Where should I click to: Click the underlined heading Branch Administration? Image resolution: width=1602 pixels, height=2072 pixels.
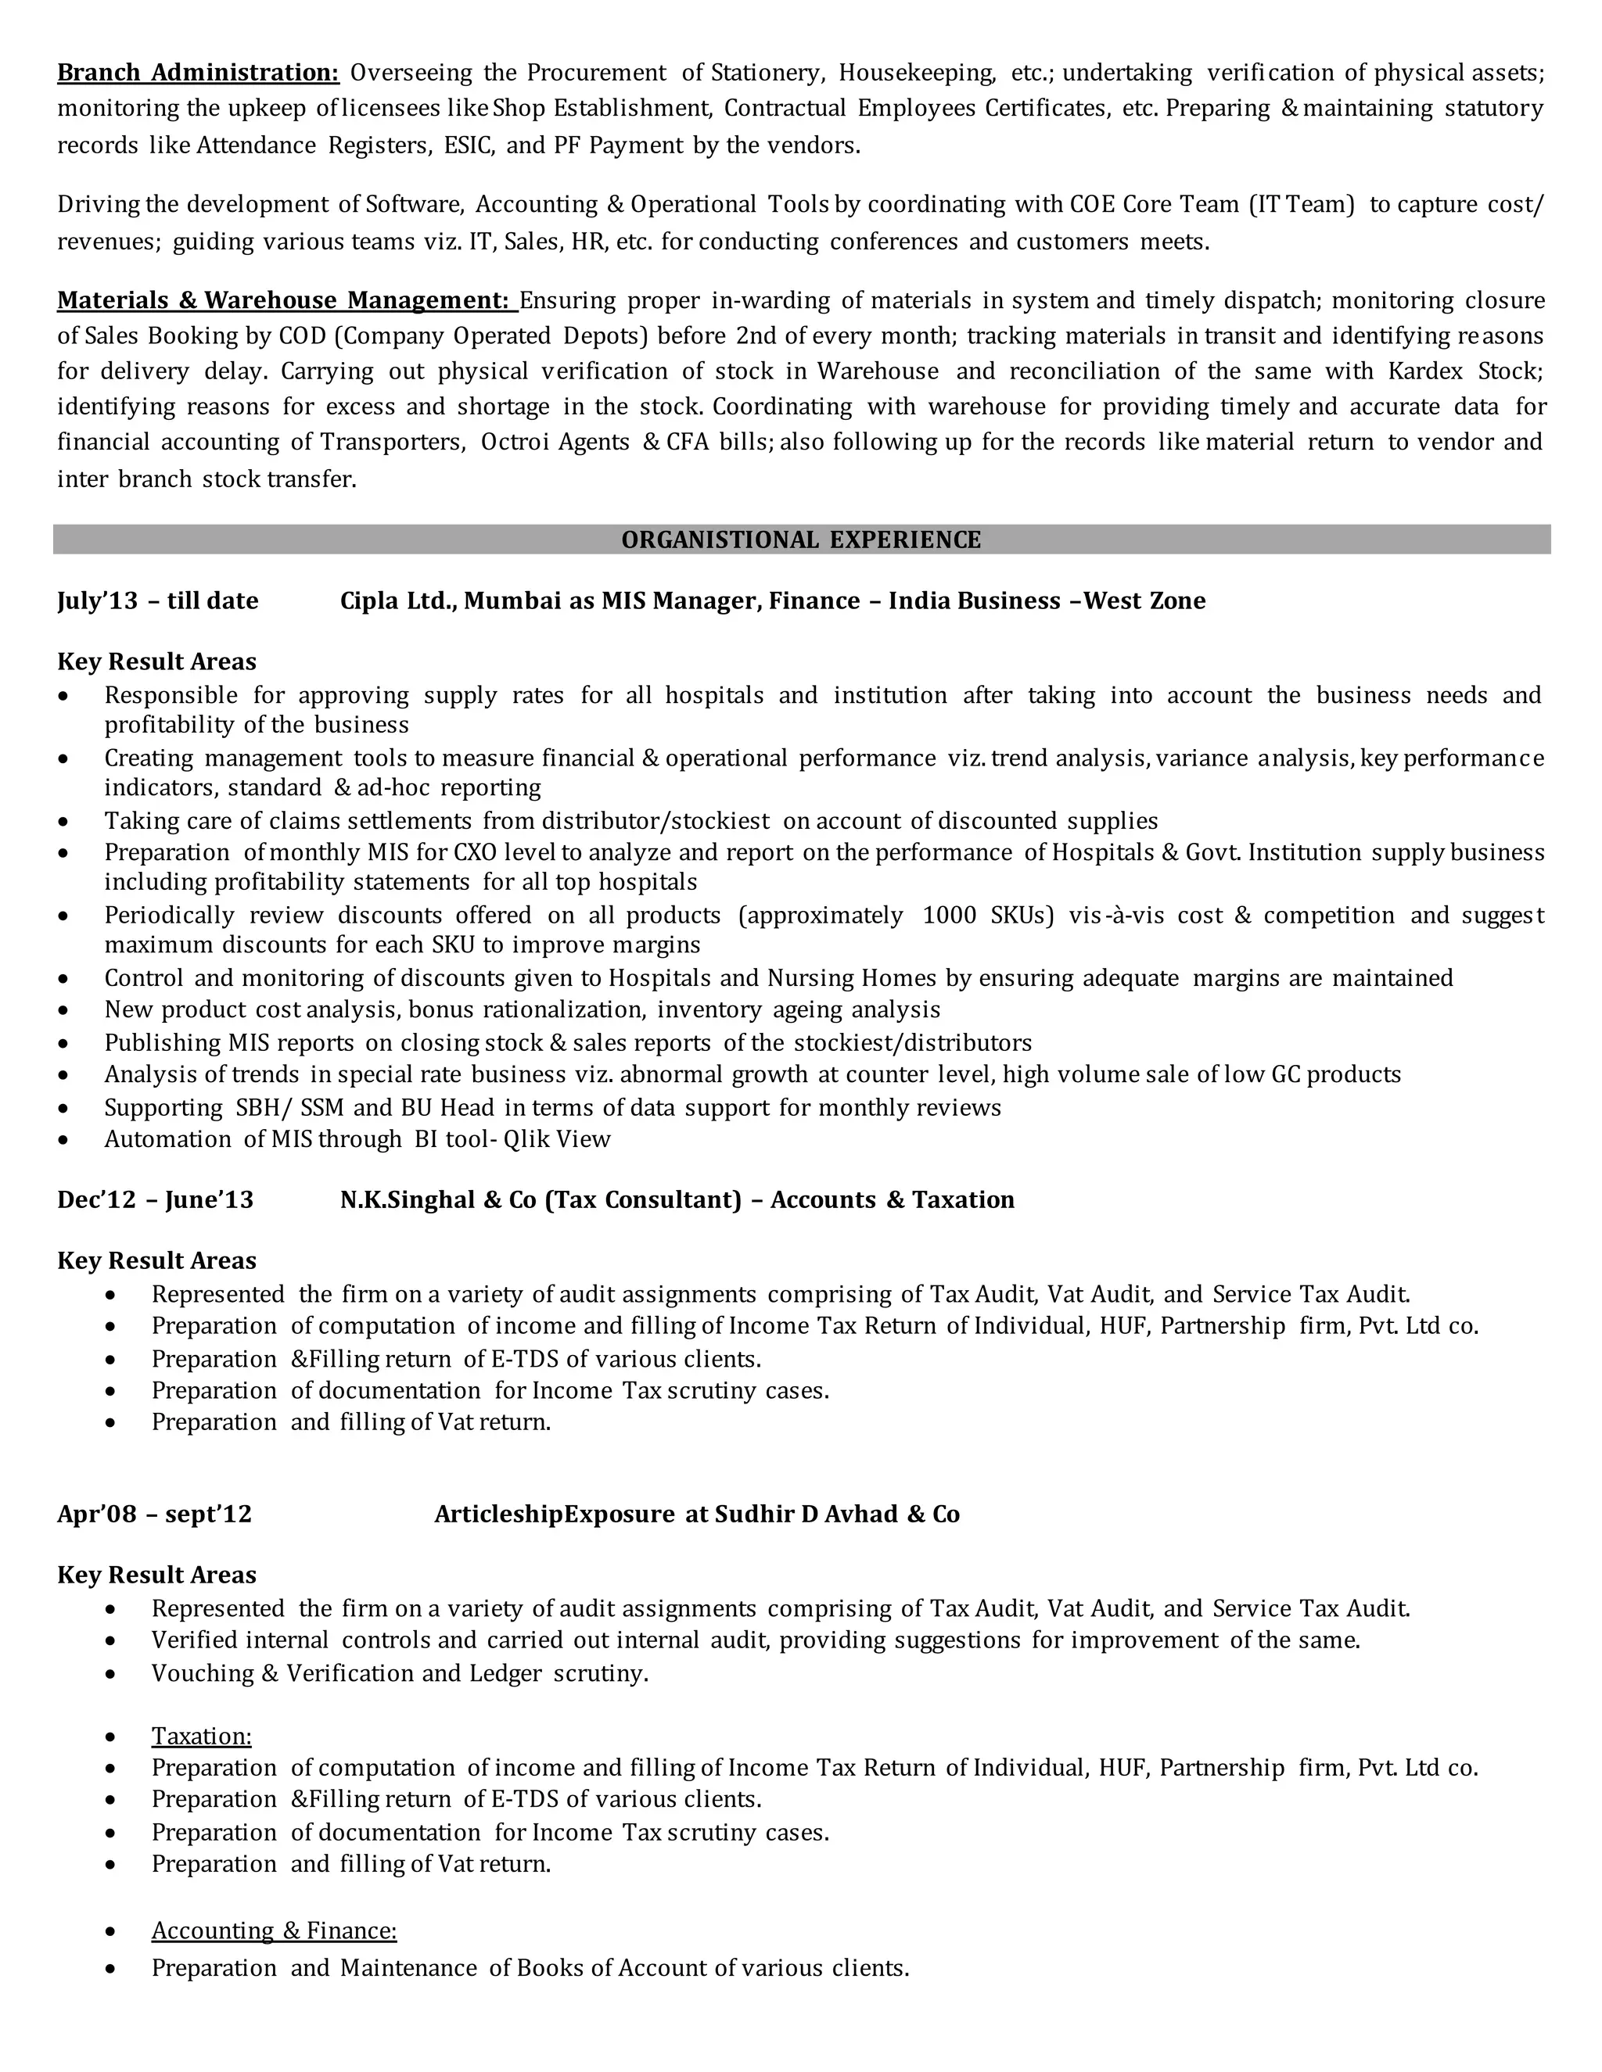pyautogui.click(x=197, y=72)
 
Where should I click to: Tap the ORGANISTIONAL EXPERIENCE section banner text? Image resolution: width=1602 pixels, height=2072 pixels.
pyautogui.click(x=801, y=540)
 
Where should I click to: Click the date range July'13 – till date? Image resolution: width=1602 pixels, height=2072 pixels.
pyautogui.click(x=157, y=600)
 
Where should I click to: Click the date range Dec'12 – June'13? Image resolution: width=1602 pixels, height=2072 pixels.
pyautogui.click(x=156, y=1199)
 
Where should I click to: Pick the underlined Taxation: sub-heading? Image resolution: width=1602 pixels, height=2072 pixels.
pyautogui.click(x=201, y=1735)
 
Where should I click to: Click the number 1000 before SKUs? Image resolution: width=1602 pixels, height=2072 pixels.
pyautogui.click(x=948, y=915)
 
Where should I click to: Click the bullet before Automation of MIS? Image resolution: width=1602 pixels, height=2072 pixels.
pyautogui.click(x=63, y=1139)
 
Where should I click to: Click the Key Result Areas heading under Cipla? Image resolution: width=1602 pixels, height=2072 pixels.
pyautogui.click(x=156, y=661)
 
